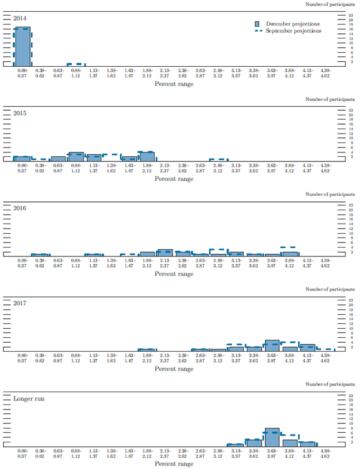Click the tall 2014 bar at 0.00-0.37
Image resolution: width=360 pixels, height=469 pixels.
[x=23, y=47]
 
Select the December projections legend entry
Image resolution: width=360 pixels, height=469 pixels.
[x=293, y=24]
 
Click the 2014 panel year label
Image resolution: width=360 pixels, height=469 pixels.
[x=20, y=18]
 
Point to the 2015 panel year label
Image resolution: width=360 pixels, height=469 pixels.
[x=20, y=113]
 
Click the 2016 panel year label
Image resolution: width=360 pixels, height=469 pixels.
[x=20, y=208]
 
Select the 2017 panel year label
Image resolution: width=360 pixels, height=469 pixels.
[x=20, y=303]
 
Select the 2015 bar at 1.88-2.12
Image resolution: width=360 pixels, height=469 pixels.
[x=147, y=156]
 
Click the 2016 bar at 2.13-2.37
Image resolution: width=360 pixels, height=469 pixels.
[x=165, y=252]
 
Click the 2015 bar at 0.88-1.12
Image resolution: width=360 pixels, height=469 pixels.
[x=76, y=157]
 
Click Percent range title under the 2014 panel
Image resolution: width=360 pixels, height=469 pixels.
[x=174, y=84]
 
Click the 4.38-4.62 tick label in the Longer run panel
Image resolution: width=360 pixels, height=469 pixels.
[x=326, y=453]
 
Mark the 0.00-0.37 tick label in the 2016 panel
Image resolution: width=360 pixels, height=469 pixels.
[x=23, y=263]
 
